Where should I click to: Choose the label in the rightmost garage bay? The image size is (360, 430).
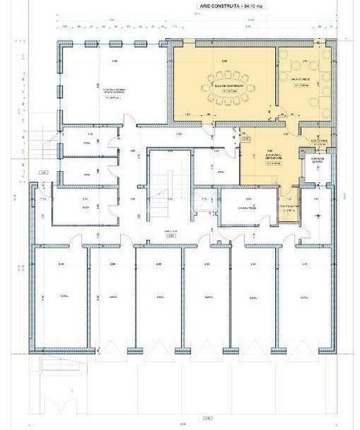(304, 296)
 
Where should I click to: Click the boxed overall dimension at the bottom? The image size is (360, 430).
(201, 420)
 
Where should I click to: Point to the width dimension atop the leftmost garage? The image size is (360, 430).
(61, 263)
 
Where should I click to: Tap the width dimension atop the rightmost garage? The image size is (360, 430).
(306, 263)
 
